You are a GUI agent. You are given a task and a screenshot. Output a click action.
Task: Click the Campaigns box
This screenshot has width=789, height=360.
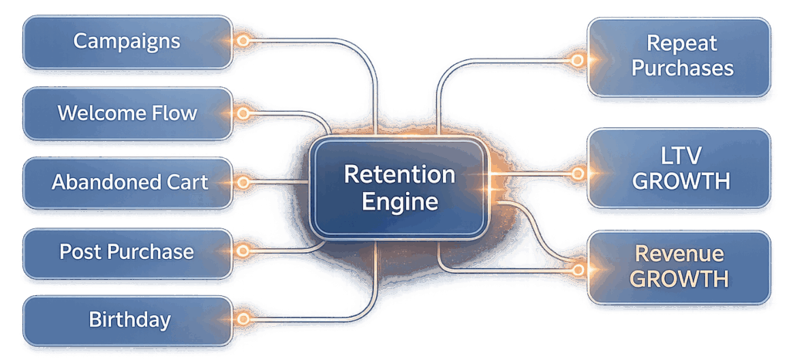tap(127, 42)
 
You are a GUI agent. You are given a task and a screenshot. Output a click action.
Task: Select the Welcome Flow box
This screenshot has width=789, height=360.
tap(127, 114)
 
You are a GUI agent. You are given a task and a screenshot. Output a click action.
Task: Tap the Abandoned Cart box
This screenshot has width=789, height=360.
tap(127, 183)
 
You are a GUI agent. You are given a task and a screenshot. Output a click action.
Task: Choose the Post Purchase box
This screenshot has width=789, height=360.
tap(127, 252)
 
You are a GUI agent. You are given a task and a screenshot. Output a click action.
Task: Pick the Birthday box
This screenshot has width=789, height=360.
tap(127, 319)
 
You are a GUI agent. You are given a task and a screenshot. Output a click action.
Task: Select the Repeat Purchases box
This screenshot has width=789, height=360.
tap(681, 57)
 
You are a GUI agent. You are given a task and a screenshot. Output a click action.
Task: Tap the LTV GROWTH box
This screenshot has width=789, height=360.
tap(681, 169)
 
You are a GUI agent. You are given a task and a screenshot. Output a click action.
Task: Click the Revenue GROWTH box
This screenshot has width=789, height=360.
tap(681, 266)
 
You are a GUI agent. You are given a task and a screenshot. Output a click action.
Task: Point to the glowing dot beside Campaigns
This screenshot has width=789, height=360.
tap(243, 41)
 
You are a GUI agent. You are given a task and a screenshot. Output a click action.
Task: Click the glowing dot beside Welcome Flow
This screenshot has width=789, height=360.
tap(243, 113)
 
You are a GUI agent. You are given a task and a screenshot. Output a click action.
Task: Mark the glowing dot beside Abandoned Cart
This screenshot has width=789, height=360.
tap(243, 183)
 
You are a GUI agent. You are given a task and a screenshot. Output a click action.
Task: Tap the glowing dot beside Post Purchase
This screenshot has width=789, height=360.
tap(243, 251)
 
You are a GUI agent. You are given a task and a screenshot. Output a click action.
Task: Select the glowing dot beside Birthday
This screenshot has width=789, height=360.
tap(243, 318)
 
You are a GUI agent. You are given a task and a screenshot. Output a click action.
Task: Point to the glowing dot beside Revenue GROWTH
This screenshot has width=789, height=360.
tap(577, 269)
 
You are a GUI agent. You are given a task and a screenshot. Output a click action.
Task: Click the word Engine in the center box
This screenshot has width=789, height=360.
tap(399, 203)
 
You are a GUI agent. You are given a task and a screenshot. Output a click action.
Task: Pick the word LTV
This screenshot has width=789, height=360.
tap(681, 156)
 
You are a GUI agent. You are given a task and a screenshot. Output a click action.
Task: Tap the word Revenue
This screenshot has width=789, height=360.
tap(681, 254)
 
